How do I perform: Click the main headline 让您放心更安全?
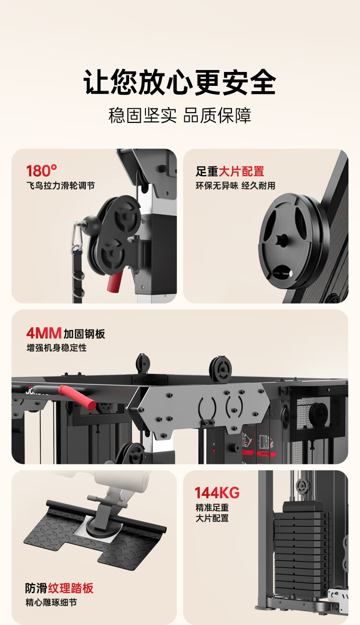click(x=180, y=82)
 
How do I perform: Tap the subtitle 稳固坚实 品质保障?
click(x=180, y=116)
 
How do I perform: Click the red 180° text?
click(x=42, y=171)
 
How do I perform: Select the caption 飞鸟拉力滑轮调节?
click(x=60, y=186)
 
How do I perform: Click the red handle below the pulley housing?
click(x=115, y=281)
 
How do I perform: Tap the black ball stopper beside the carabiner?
click(x=92, y=224)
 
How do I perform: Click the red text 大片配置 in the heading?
click(x=241, y=171)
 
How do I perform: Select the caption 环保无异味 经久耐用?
click(x=235, y=186)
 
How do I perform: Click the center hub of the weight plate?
click(x=283, y=239)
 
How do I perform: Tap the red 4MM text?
click(x=44, y=333)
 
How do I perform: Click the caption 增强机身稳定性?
click(x=57, y=348)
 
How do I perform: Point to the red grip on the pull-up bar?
click(x=77, y=397)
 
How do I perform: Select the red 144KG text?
click(x=217, y=493)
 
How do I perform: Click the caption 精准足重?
click(x=212, y=508)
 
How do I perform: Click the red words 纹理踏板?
click(x=71, y=588)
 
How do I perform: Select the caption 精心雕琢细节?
click(x=51, y=602)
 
